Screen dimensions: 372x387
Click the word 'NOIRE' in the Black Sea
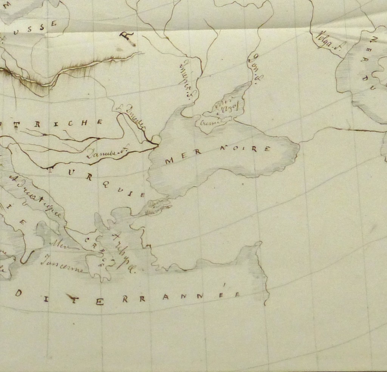click(244, 148)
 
